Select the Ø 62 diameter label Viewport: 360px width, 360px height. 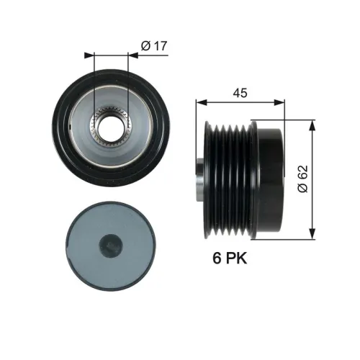tap(303, 178)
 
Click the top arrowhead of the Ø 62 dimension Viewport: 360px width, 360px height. tap(312, 122)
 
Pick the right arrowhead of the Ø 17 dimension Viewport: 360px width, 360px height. tap(132, 54)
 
